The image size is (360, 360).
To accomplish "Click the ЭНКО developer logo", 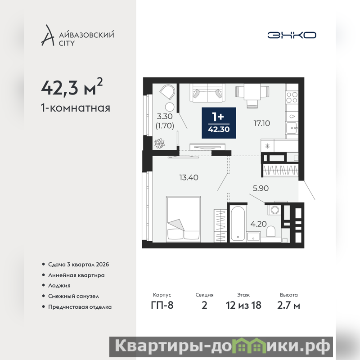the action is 292,35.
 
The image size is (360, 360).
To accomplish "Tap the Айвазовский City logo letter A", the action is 48,36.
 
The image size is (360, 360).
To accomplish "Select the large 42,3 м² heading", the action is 72,87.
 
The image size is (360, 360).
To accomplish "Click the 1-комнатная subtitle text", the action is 76,108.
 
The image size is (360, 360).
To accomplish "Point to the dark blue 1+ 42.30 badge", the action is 219,123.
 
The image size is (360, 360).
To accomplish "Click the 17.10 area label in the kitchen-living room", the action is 262,123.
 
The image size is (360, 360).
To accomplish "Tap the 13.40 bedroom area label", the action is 189,177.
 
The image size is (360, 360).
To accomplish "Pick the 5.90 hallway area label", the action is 261,188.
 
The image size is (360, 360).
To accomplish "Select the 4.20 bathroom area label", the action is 258,224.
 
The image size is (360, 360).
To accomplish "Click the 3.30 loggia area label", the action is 165,117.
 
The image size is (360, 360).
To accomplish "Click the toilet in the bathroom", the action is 271,231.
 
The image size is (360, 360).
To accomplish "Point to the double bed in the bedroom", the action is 184,219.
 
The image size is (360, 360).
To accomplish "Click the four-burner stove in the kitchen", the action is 292,97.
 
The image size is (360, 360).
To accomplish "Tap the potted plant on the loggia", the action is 159,144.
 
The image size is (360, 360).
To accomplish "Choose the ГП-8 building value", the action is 162,306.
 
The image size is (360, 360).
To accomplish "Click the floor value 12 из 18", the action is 243,306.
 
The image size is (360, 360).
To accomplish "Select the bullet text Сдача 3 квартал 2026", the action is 78,265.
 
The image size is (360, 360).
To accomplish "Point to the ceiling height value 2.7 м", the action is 288,306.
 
